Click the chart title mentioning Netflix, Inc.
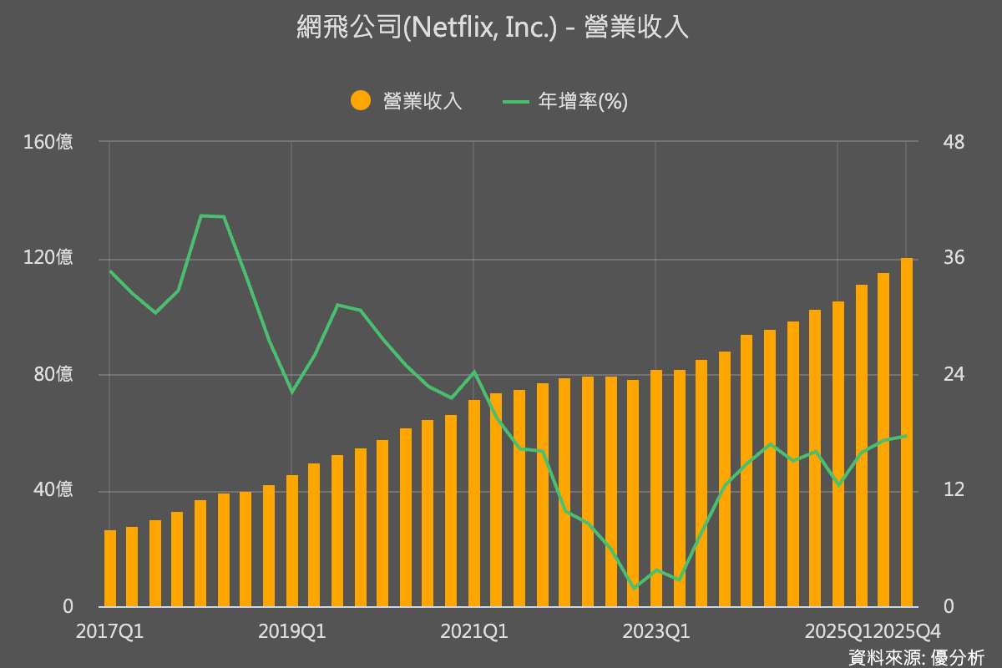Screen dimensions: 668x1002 click(493, 28)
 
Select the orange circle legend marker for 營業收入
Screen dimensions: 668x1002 click(360, 101)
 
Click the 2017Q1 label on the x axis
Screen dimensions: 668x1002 click(109, 631)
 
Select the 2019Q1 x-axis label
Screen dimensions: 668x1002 click(291, 631)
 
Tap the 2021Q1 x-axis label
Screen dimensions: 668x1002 click(473, 631)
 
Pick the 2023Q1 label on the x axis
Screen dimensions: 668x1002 click(655, 631)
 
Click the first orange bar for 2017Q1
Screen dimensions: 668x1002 click(110, 568)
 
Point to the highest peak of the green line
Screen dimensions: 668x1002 click(202, 215)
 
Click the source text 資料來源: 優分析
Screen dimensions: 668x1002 click(915, 656)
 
